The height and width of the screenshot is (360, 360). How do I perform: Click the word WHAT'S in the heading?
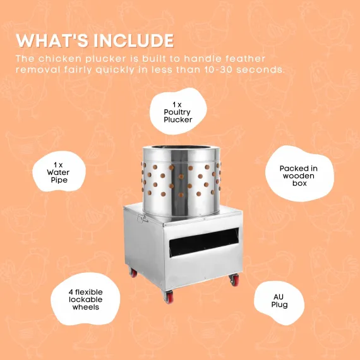pyautogui.click(x=52, y=40)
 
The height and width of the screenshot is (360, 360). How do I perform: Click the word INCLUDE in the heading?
pyautogui.click(x=134, y=41)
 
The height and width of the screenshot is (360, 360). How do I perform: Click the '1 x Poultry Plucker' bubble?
pyautogui.click(x=178, y=111)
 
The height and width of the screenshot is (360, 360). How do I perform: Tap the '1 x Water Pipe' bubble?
pyautogui.click(x=59, y=172)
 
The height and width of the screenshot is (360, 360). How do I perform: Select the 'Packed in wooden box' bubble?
pyautogui.click(x=299, y=174)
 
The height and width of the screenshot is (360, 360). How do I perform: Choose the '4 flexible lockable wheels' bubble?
pyautogui.click(x=85, y=299)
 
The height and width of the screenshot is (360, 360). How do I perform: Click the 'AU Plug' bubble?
pyautogui.click(x=279, y=302)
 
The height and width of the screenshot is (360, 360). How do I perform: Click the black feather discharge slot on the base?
pyautogui.click(x=204, y=243)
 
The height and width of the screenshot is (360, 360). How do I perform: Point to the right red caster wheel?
pyautogui.click(x=234, y=280)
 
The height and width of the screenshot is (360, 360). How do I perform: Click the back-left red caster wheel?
pyautogui.click(x=133, y=272)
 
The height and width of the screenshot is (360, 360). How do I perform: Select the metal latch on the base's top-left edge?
pyautogui.click(x=142, y=218)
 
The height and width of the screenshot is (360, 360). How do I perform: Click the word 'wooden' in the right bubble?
pyautogui.click(x=298, y=176)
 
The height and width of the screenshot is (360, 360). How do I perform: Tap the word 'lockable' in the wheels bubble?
pyautogui.click(x=86, y=299)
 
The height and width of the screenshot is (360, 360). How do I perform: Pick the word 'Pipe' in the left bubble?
pyautogui.click(x=59, y=180)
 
